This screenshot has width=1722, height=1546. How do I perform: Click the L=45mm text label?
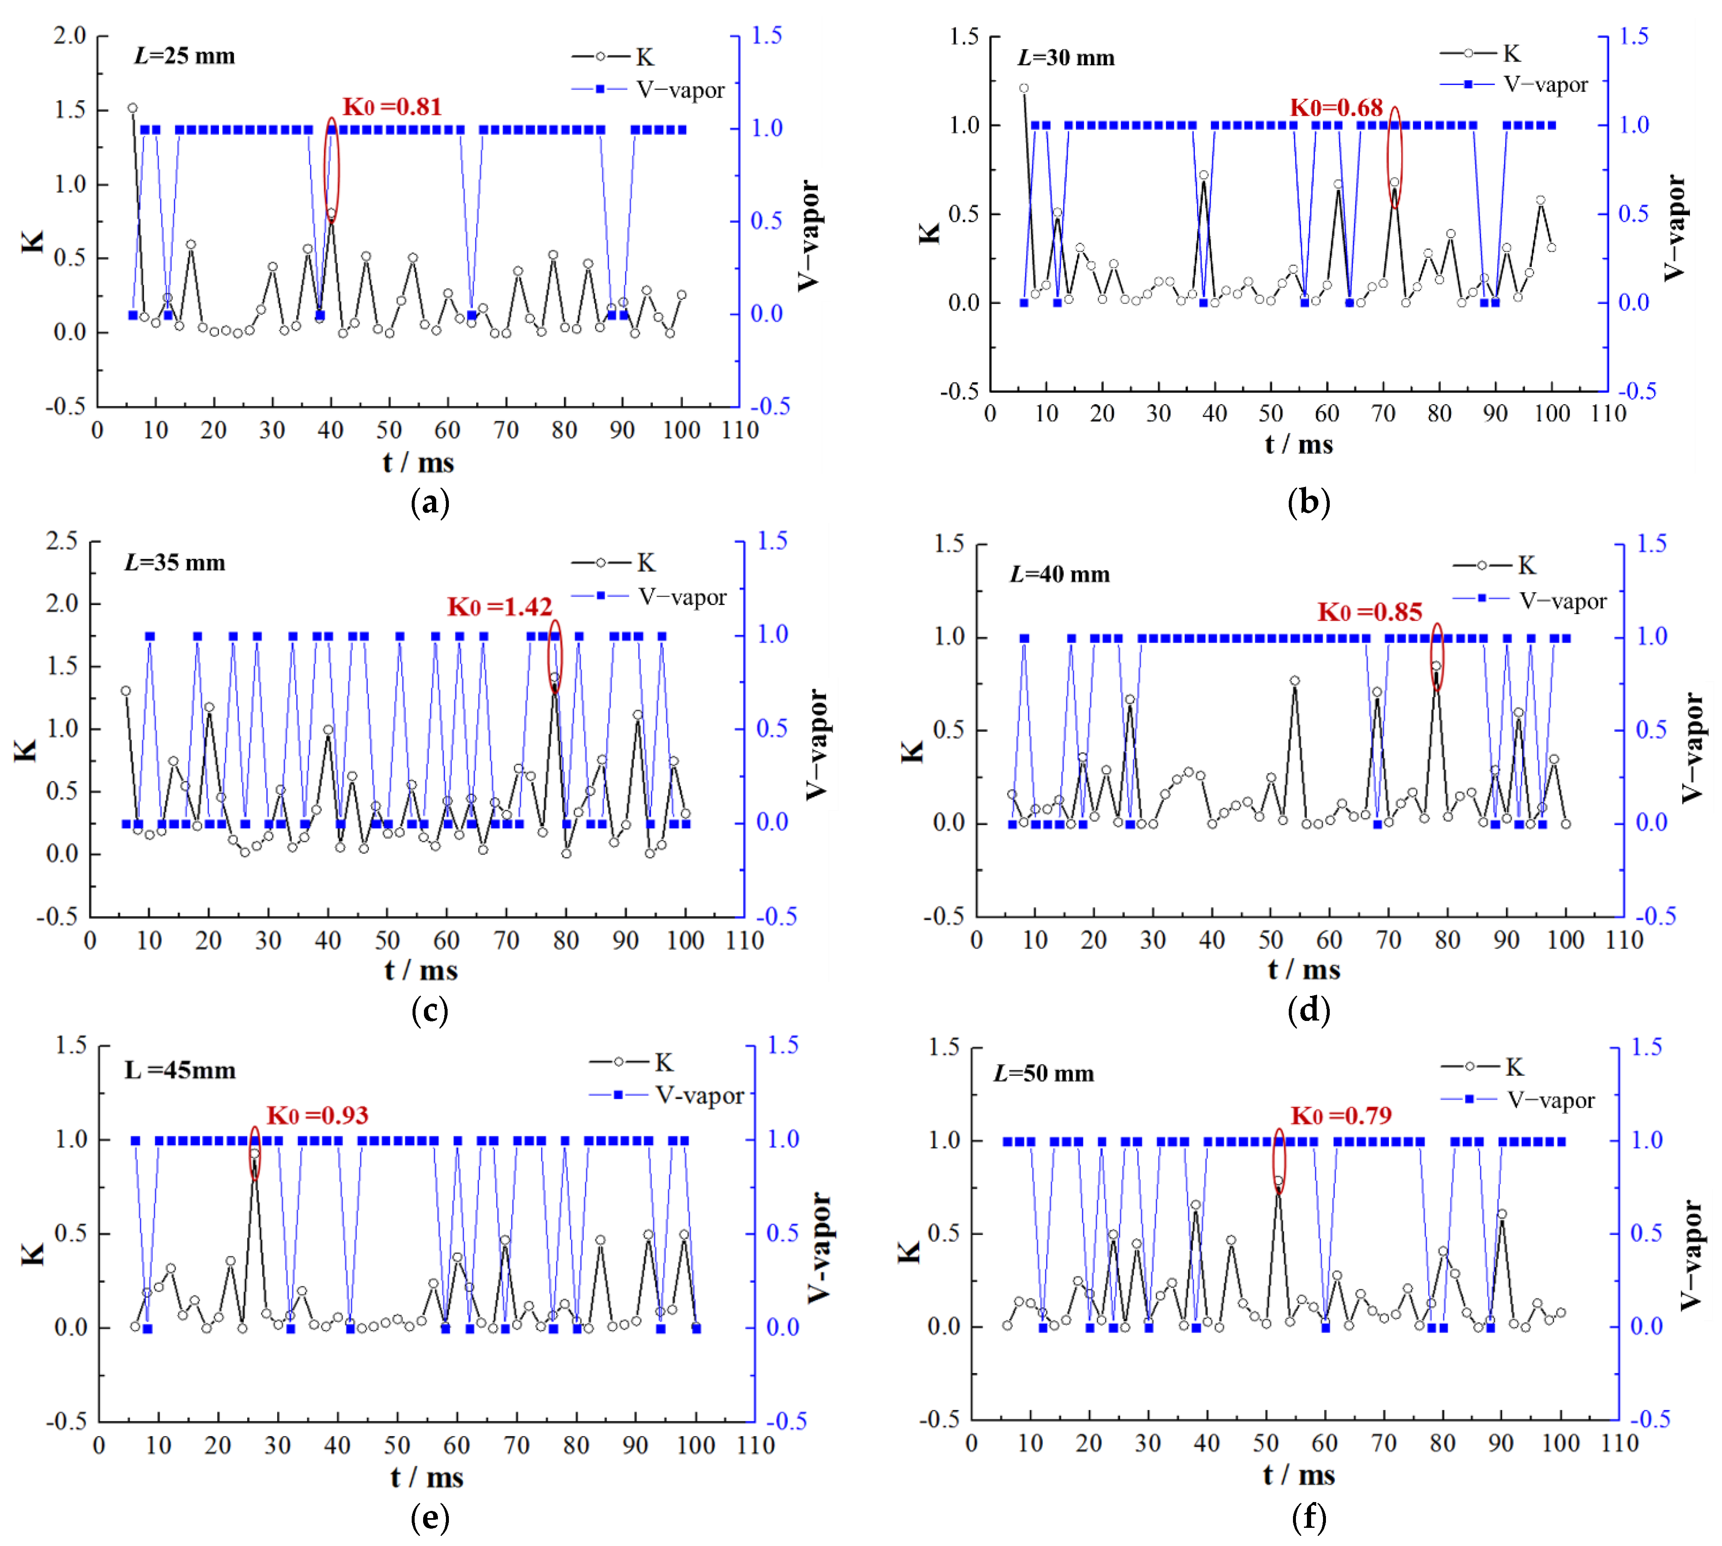click(180, 1070)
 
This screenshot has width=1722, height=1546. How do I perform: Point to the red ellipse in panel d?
click(1437, 657)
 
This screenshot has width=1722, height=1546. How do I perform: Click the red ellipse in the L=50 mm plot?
click(1279, 1162)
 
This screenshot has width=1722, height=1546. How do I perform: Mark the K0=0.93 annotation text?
click(317, 1115)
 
